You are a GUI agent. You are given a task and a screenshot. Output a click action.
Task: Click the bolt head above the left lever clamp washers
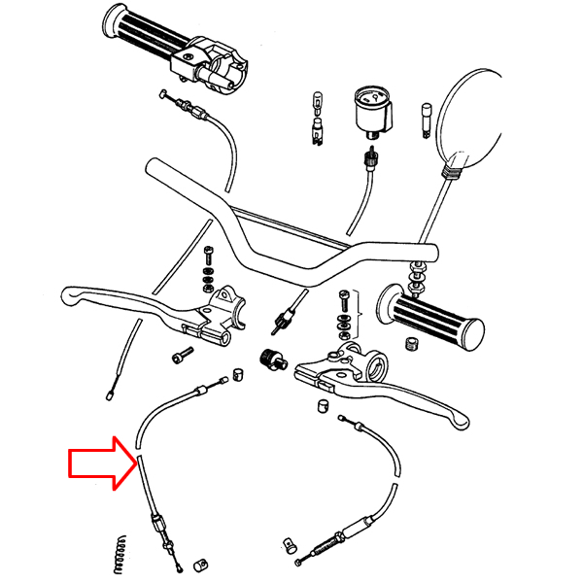pos(209,256)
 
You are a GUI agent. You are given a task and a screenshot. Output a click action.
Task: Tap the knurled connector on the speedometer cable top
pos(369,157)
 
